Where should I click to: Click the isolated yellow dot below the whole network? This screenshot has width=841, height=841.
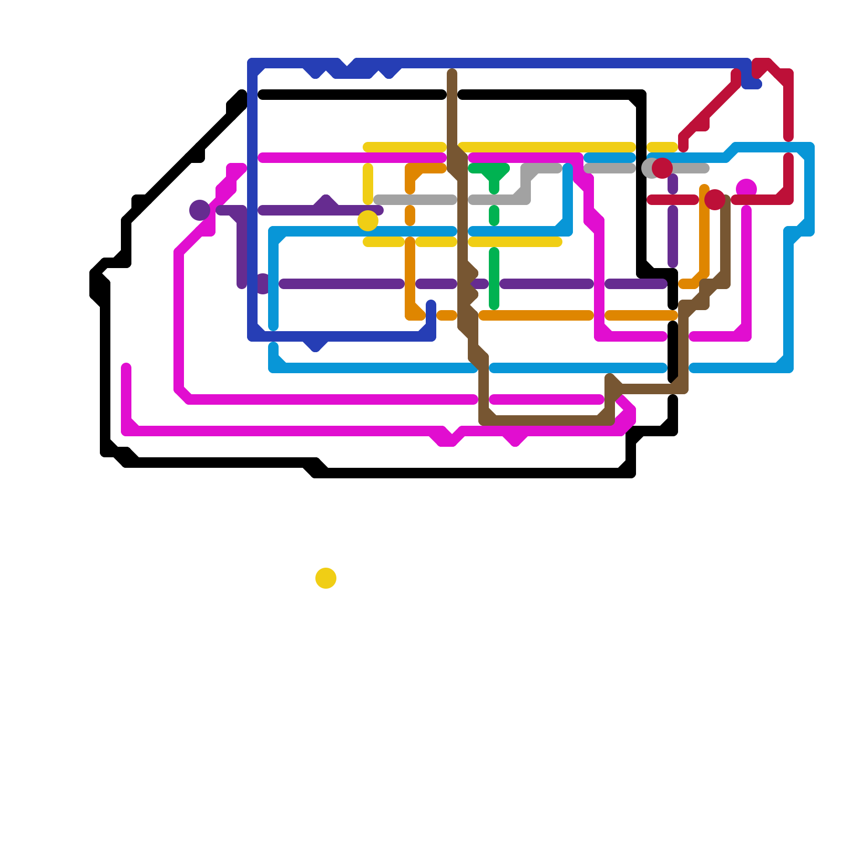tap(326, 578)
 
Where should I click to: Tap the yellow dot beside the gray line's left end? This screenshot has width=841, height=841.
tap(368, 221)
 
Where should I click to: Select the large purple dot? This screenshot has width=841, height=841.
tap(200, 210)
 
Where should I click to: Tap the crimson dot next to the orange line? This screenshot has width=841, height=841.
tap(715, 200)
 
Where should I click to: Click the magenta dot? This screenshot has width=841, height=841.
tap(746, 188)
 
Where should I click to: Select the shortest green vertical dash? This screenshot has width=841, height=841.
tap(494, 216)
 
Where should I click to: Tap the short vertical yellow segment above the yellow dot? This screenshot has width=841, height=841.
tap(368, 184)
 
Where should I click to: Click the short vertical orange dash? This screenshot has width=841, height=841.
tap(410, 216)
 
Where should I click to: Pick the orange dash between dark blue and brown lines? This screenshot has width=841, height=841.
tap(447, 315)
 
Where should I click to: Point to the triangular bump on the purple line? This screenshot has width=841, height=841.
tap(326, 202)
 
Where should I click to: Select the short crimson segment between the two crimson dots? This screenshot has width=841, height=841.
tap(673, 200)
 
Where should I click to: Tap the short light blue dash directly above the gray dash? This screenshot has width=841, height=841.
tap(610, 158)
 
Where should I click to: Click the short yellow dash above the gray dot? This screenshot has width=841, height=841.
tap(662, 147)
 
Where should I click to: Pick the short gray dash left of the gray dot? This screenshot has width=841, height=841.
tap(610, 168)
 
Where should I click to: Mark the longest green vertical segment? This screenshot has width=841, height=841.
tap(494, 279)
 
